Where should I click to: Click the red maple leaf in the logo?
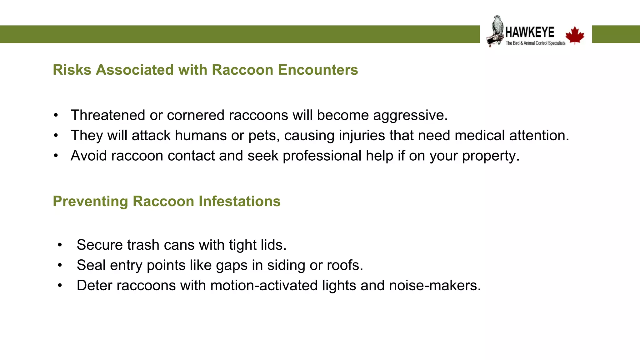coord(575,35)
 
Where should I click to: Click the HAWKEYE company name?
coord(530,32)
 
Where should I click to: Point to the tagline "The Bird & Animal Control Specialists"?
coord(535,43)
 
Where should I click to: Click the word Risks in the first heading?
coord(72,70)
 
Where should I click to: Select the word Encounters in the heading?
coord(318,70)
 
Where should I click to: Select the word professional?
coord(322,156)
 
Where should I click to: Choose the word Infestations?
coord(239,201)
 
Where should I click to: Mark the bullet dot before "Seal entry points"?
coord(60,265)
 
